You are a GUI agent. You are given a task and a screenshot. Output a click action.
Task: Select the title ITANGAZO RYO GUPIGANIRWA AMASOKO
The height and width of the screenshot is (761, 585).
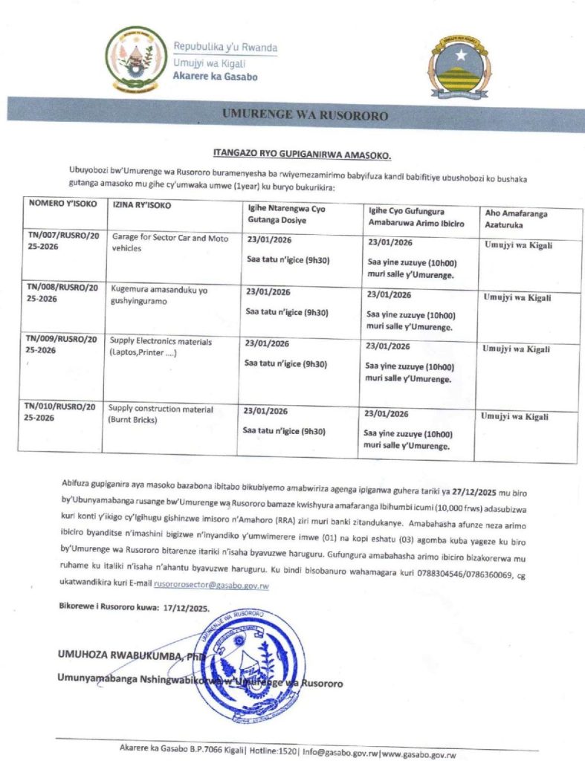(x=302, y=155)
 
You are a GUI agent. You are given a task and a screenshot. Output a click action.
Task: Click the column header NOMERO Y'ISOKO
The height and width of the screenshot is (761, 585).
(x=56, y=203)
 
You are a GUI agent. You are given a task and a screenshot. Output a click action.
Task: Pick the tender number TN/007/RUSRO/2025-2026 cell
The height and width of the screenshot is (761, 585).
(x=61, y=242)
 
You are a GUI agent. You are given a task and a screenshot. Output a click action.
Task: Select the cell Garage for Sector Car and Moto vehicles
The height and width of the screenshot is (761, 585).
(x=170, y=243)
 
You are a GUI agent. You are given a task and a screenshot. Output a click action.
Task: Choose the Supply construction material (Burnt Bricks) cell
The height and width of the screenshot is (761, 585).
(x=161, y=414)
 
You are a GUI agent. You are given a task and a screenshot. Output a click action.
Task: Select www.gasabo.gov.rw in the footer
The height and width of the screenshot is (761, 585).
(x=419, y=754)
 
